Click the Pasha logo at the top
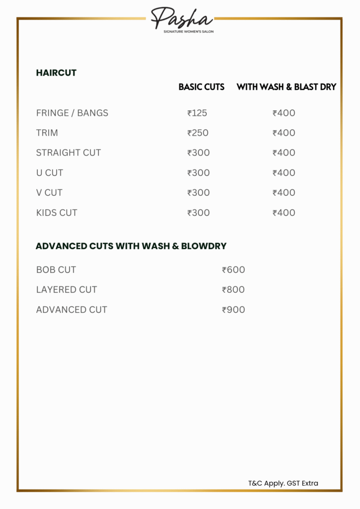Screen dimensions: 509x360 182,19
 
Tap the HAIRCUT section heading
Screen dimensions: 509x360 56,73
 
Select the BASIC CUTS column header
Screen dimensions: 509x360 201,87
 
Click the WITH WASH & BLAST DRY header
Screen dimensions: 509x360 286,87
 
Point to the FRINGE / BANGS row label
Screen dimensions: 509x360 72,113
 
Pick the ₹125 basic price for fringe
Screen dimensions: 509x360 197,113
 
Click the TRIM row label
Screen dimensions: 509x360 47,133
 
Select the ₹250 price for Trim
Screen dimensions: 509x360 198,133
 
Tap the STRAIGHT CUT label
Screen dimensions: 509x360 68,153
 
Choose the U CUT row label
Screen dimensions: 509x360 49,173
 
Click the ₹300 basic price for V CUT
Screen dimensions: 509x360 198,193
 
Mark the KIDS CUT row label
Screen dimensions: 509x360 57,213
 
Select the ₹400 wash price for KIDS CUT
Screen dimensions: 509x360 284,213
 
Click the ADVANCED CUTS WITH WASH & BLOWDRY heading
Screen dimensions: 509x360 131,246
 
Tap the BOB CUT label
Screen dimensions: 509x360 56,270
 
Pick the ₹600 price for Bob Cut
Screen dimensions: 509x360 234,270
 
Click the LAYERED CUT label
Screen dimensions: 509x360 67,290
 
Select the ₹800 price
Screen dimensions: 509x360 234,290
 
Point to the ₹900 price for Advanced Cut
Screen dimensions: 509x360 234,310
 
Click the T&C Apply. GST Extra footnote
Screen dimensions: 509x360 283,483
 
